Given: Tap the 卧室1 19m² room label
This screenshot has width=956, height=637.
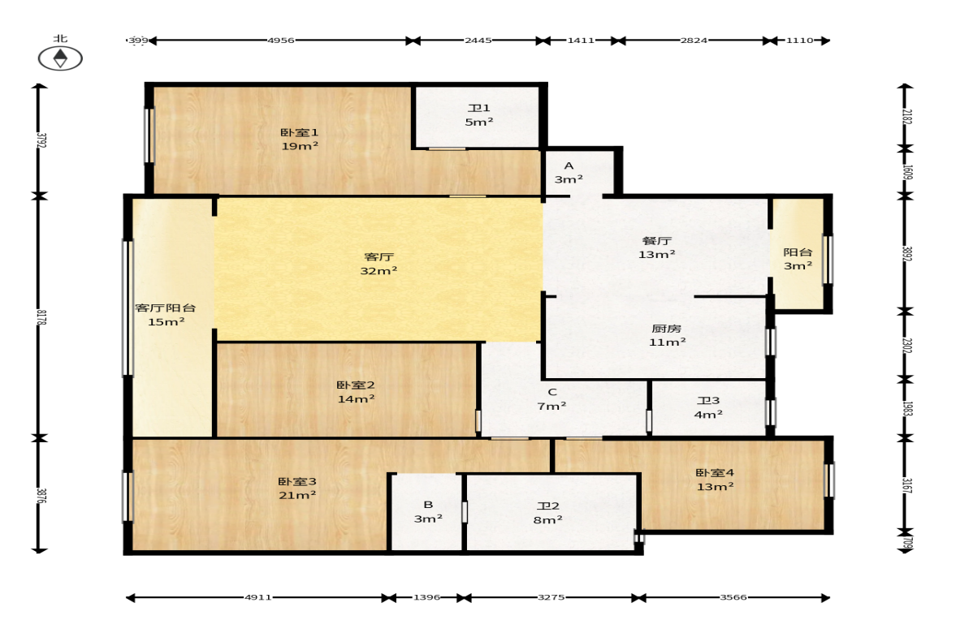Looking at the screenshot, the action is tap(300, 139).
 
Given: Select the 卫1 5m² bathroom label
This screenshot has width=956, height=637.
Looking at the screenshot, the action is tap(478, 114).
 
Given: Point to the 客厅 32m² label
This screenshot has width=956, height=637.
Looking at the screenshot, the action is tap(379, 264).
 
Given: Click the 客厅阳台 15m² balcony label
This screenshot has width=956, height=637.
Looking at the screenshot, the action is tap(165, 314).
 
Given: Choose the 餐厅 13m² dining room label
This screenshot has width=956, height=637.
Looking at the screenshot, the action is tap(656, 247).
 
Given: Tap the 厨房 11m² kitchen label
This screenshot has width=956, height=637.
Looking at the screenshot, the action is tap(666, 335).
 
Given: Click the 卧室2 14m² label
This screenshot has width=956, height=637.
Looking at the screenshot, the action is tap(356, 392).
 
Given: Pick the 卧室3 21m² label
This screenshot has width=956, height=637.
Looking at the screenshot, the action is tap(297, 488).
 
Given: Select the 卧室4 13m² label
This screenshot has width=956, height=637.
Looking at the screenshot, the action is tap(715, 480).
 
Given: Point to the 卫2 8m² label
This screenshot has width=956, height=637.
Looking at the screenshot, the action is tap(547, 512).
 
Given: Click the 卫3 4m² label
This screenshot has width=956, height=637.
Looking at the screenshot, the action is tap(707, 407).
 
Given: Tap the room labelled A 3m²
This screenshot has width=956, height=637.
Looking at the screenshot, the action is tap(569, 172).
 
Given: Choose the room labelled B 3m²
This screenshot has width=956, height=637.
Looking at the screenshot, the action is tap(428, 511).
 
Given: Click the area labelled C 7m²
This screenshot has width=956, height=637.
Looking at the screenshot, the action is tap(552, 399).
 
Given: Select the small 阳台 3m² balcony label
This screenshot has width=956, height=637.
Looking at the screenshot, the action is tap(798, 259).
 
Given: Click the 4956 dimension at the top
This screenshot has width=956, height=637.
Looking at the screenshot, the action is tap(280, 41).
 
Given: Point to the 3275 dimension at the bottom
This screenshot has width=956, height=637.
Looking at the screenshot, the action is tap(551, 597).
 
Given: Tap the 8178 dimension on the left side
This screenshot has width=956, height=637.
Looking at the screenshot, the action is tap(41, 317).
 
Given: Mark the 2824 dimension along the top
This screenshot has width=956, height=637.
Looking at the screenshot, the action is tap(694, 41).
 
